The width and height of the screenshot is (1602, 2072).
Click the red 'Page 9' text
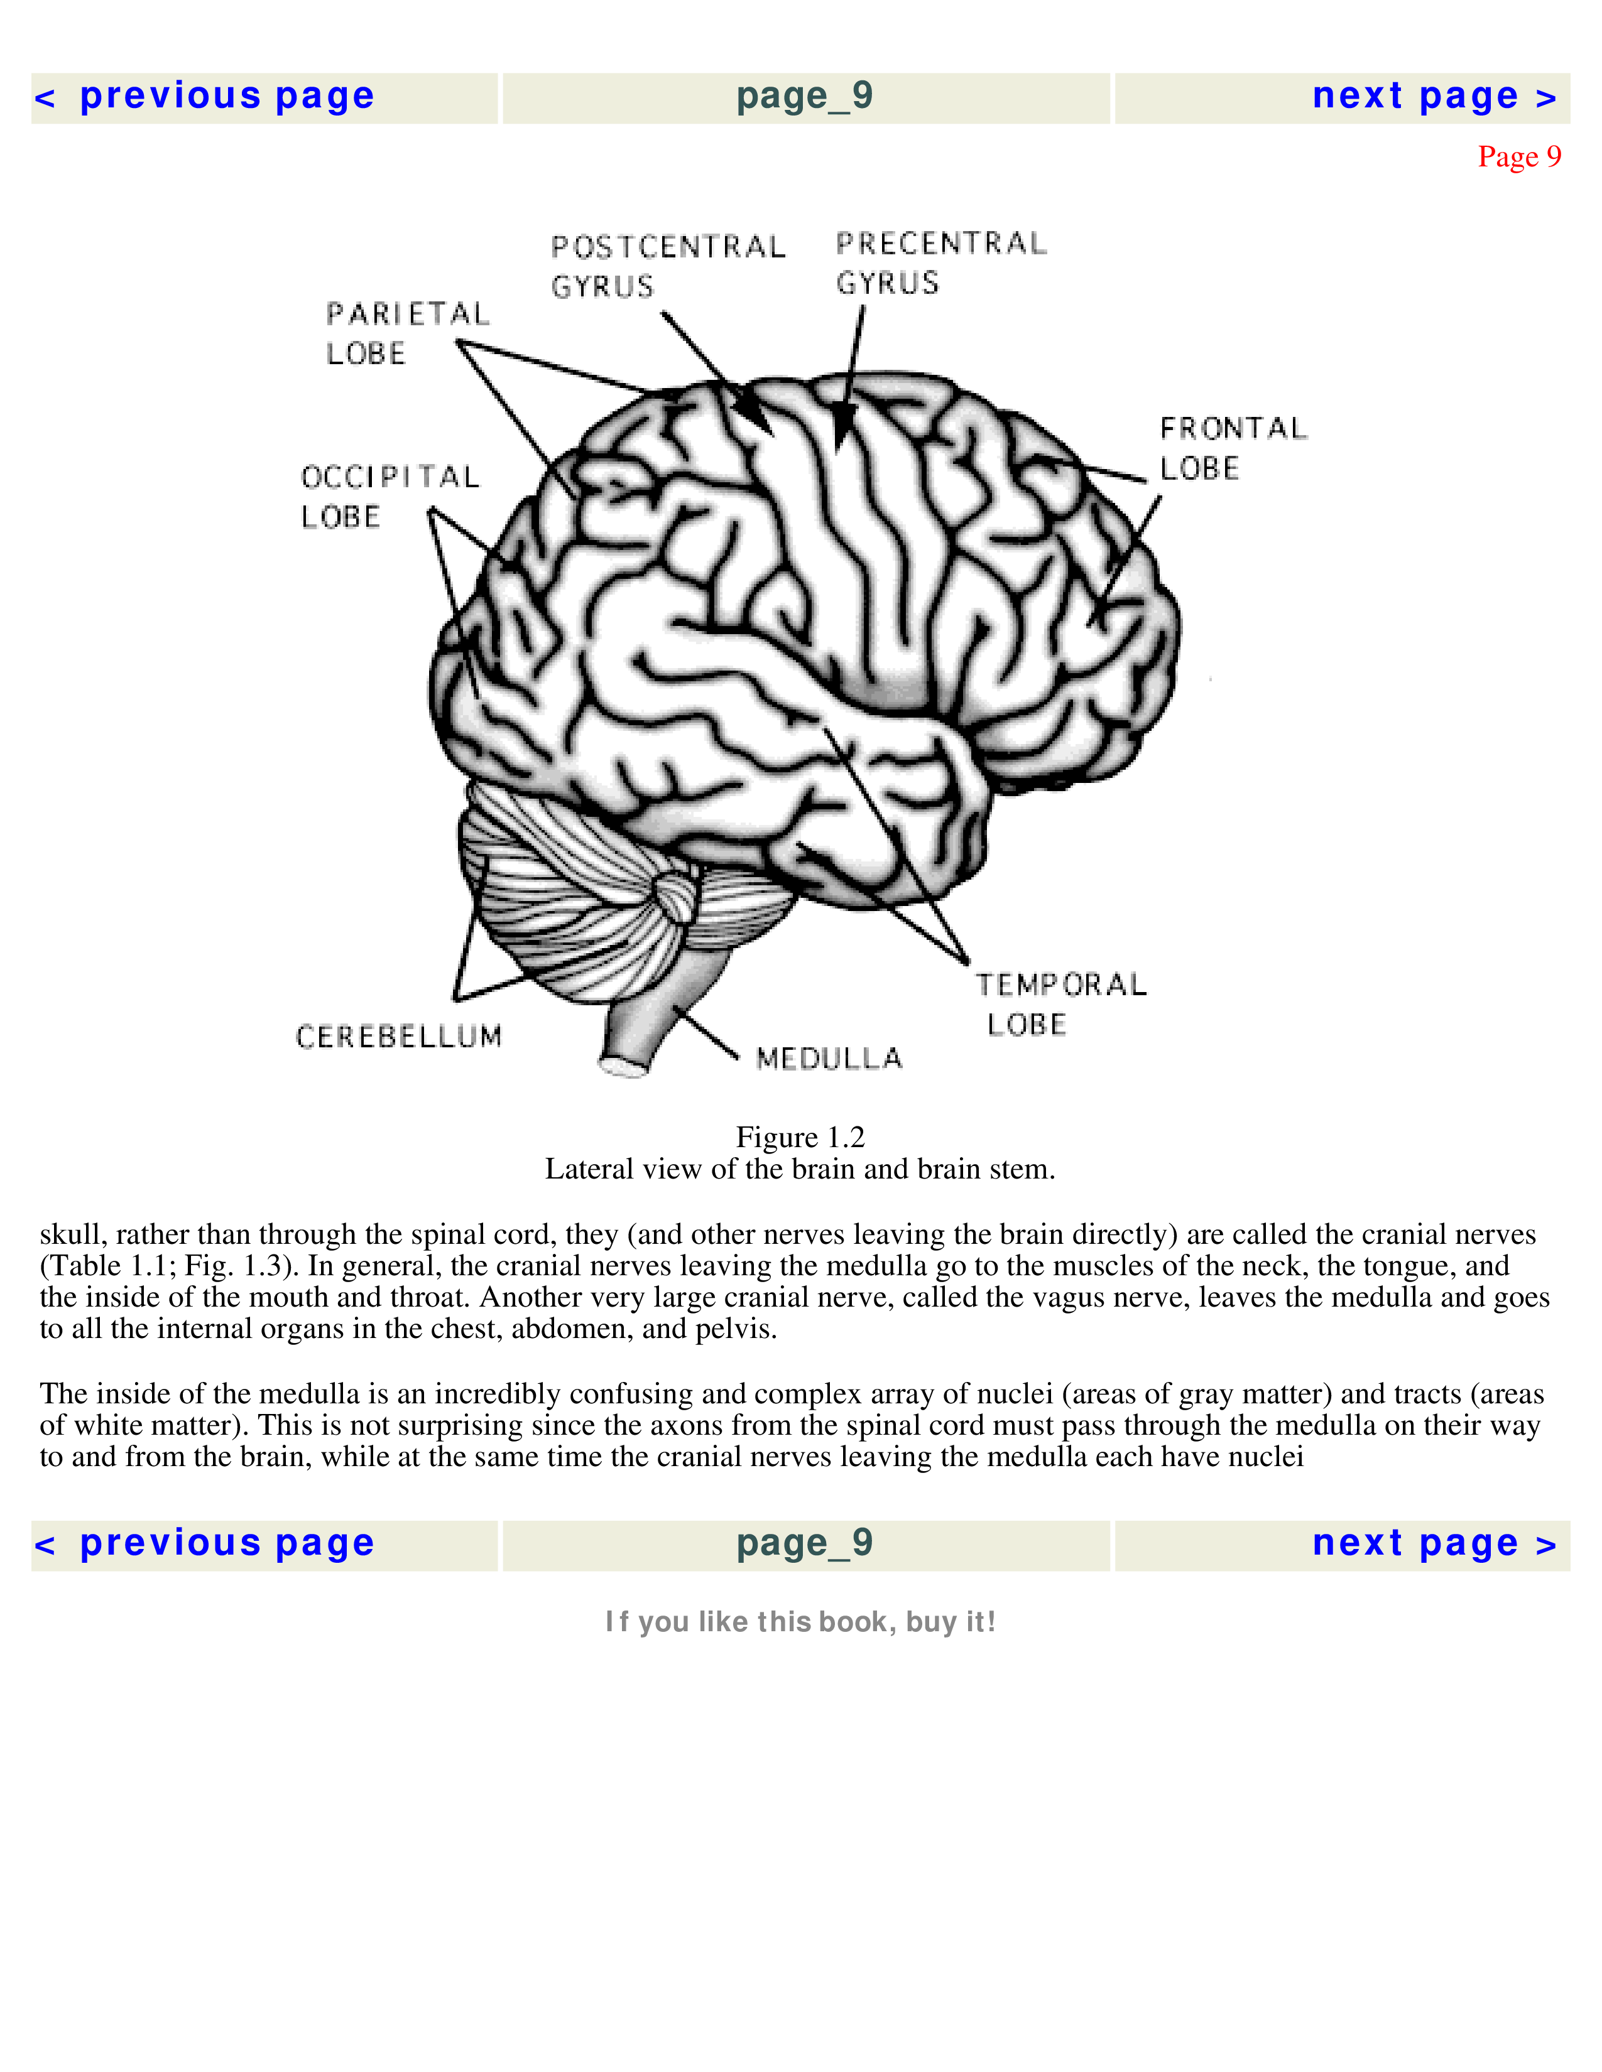point(1518,156)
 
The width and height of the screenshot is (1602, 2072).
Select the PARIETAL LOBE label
point(407,333)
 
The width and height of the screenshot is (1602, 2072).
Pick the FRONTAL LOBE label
point(1233,448)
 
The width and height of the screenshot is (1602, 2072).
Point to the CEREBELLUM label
point(398,1036)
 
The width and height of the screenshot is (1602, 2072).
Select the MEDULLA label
point(829,1058)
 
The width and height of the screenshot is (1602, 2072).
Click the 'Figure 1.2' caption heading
point(800,1136)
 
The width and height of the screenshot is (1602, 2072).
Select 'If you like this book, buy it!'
point(800,1621)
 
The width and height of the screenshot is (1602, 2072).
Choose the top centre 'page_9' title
point(805,97)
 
